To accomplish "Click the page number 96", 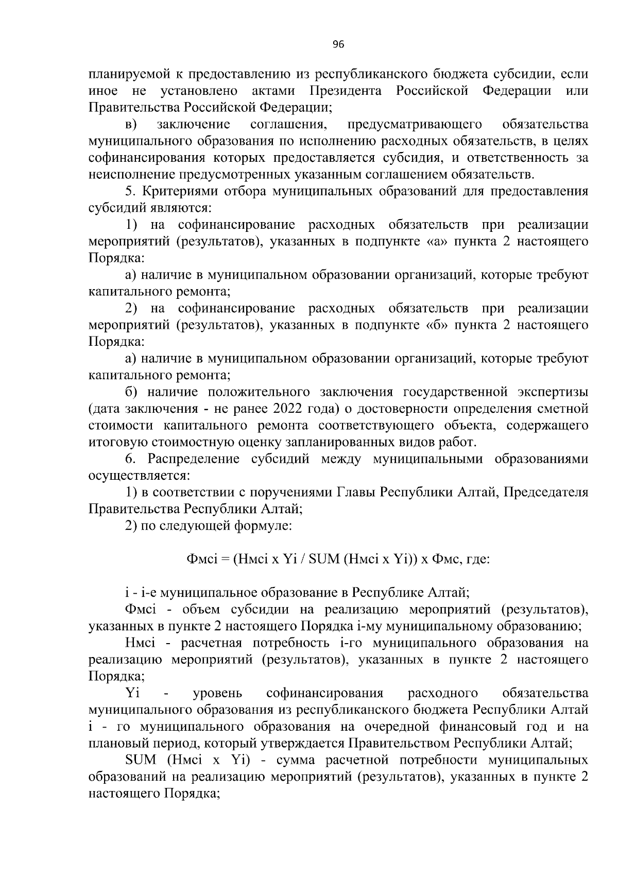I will tap(338, 45).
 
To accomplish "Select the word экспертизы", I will tap(551, 392).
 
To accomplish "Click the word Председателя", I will tap(545, 492).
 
